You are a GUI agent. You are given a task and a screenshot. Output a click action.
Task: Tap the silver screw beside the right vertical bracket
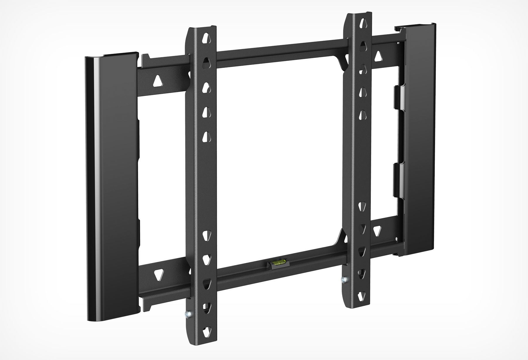click(344, 280)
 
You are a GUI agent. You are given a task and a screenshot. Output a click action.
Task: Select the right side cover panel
click(419, 141)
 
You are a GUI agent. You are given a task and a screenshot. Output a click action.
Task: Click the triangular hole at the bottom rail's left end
click(158, 274)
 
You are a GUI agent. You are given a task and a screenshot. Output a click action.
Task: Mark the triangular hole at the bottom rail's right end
click(377, 229)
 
